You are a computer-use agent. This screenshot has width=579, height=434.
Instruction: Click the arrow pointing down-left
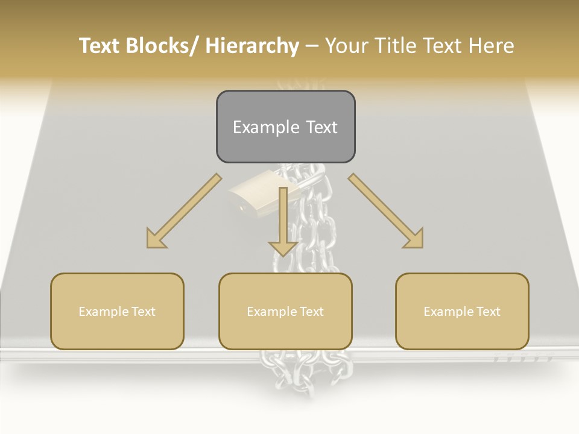pos(184,211)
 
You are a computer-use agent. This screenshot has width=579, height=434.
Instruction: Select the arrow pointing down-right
pos(386,211)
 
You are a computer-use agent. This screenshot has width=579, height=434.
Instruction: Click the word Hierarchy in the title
pos(252,46)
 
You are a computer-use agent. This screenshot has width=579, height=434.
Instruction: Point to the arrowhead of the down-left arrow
pos(156,240)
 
